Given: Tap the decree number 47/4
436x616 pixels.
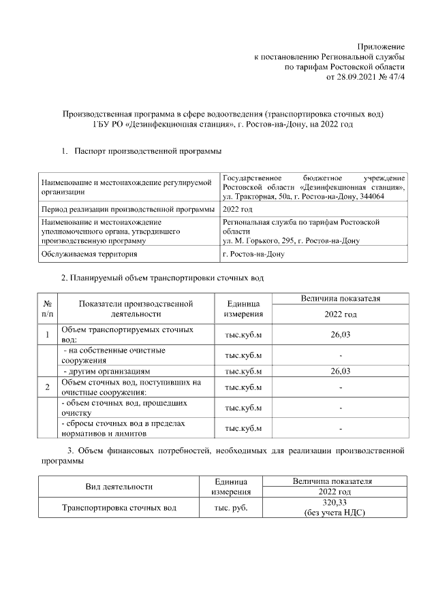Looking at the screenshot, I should [x=394, y=78].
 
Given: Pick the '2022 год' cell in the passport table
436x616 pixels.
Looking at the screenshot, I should [x=238, y=209].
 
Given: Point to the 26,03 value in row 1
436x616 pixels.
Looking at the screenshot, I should [x=340, y=334].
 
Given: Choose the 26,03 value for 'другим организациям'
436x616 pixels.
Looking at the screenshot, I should [x=340, y=371].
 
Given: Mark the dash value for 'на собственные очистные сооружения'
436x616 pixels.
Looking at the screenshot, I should [x=340, y=355].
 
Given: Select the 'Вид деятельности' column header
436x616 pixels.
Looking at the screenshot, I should [x=119, y=486].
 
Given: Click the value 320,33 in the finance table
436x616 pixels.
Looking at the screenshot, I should [x=334, y=502].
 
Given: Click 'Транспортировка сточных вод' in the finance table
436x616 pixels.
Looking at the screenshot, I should [x=119, y=508].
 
